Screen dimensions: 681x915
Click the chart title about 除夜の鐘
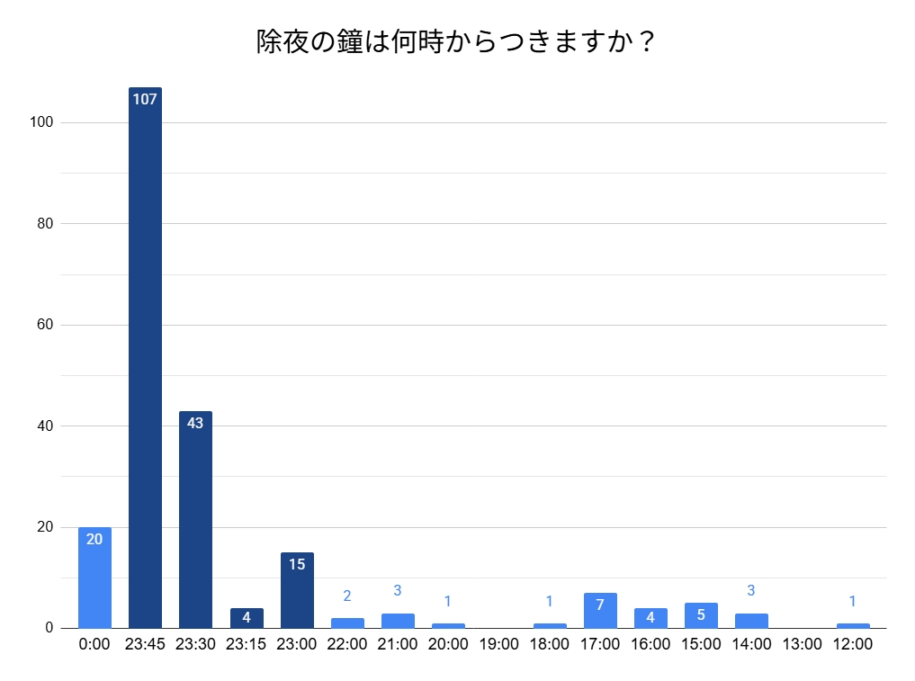[456, 42]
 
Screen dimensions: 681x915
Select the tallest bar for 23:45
[145, 360]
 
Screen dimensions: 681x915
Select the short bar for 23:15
[247, 618]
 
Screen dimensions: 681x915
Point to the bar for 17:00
[600, 611]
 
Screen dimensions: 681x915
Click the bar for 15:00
[701, 615]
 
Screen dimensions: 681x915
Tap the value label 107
[145, 99]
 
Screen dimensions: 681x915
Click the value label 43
[195, 423]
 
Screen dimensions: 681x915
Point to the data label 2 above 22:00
[347, 596]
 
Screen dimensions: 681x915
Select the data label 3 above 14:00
[751, 591]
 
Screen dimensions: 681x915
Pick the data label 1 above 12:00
[852, 601]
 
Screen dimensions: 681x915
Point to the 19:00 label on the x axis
[498, 644]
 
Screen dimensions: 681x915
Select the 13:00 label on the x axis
[802, 644]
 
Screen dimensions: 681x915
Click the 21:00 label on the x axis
[398, 644]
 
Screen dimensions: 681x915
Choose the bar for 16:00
[650, 618]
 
